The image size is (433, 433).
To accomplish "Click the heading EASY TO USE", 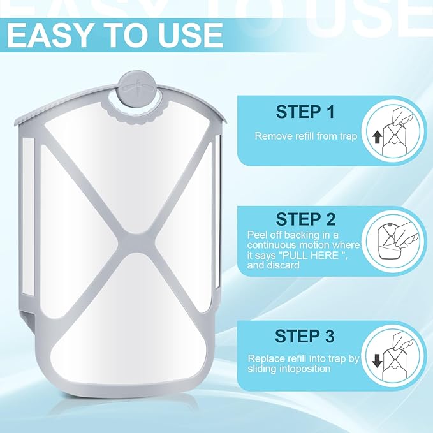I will [x=115, y=36].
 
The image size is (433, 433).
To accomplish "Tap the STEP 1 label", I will [x=305, y=112].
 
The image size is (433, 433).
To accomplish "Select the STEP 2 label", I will [x=305, y=220].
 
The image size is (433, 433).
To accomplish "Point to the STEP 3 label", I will [x=305, y=335].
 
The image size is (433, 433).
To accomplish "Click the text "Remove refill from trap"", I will [x=306, y=136].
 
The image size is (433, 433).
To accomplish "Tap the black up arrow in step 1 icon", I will [x=376, y=136].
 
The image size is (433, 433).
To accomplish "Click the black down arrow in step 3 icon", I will [x=377, y=362].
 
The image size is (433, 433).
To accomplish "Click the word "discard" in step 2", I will [x=284, y=265].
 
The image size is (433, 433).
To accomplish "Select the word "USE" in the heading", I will [x=191, y=36].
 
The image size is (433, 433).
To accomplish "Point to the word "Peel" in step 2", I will [x=257, y=235].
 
